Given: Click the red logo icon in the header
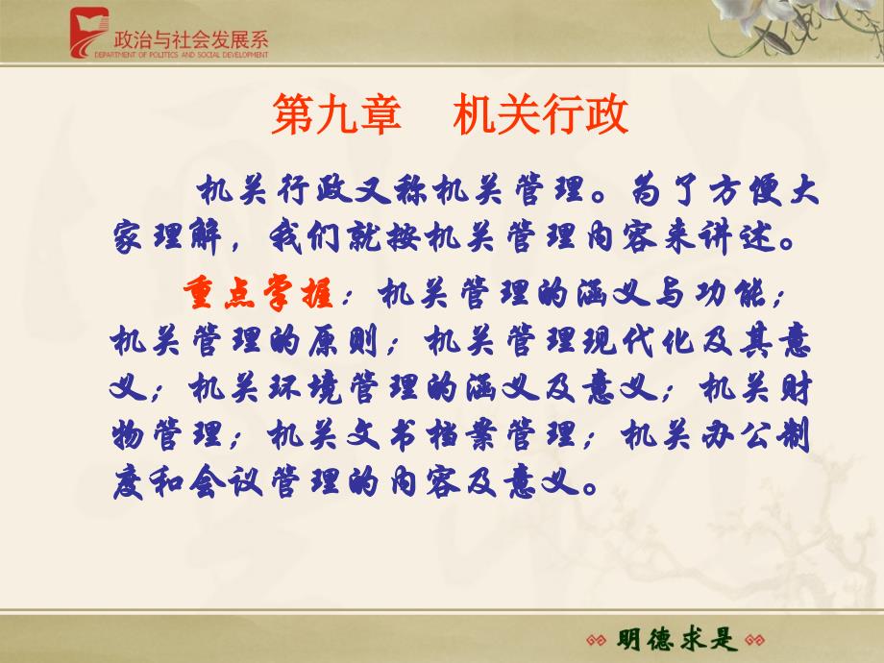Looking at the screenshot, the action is click(89, 33).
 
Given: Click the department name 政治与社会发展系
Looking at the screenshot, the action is click(191, 39).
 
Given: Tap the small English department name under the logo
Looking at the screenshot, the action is click(181, 55).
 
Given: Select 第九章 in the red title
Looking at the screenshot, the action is click(336, 114).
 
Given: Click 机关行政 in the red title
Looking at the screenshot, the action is click(540, 114).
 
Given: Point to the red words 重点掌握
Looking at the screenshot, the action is click(258, 293).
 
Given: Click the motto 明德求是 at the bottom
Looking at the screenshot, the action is click(675, 639).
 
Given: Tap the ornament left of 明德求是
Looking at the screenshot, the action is click(596, 641).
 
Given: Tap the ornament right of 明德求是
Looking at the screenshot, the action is click(754, 641).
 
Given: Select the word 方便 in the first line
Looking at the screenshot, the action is click(745, 190).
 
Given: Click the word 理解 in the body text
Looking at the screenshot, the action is click(187, 236).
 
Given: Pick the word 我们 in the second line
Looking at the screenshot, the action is click(304, 236).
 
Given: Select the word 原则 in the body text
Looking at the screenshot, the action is click(343, 341).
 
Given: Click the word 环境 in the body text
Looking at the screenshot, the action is click(305, 388).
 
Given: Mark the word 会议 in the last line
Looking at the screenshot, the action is click(226, 482).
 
